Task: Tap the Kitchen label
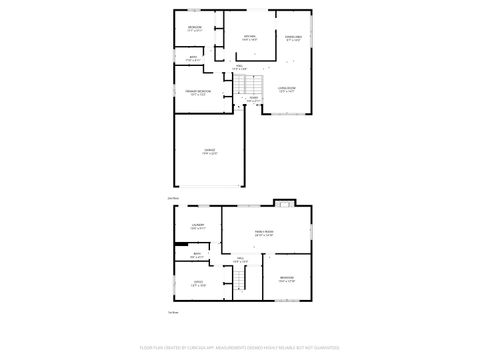click(250, 38)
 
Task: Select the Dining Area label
click(292, 38)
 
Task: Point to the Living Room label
click(287, 88)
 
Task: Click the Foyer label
click(253, 99)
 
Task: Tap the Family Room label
click(264, 233)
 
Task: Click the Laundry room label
click(198, 227)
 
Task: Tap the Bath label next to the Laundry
click(197, 256)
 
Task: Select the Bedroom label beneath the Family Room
click(286, 279)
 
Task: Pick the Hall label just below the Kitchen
click(240, 67)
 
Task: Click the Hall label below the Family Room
click(240, 260)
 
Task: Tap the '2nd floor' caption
click(172, 198)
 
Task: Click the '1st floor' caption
click(172, 313)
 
